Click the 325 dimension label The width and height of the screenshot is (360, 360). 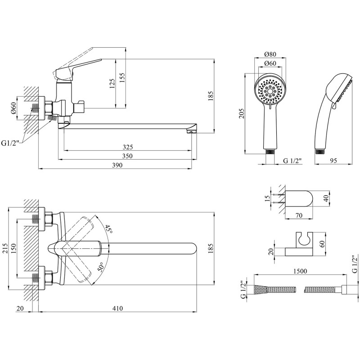[128, 147]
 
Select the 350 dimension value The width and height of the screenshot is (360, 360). [127, 156]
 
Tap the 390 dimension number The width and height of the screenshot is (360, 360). [117, 165]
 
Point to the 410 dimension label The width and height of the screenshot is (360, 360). [117, 308]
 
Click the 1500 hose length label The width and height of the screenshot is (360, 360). [300, 271]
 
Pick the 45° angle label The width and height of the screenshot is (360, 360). [109, 229]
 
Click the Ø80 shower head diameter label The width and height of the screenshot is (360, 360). [270, 54]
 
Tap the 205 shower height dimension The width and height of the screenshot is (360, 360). [242, 113]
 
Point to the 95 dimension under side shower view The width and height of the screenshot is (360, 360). [333, 161]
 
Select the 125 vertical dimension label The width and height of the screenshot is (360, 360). [112, 84]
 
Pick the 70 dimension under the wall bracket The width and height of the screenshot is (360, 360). [299, 216]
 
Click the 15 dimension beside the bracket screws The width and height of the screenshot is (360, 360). [267, 198]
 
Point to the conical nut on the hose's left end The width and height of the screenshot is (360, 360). [261, 289]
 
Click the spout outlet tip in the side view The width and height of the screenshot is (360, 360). [191, 132]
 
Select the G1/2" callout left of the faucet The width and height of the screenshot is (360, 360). [10, 144]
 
